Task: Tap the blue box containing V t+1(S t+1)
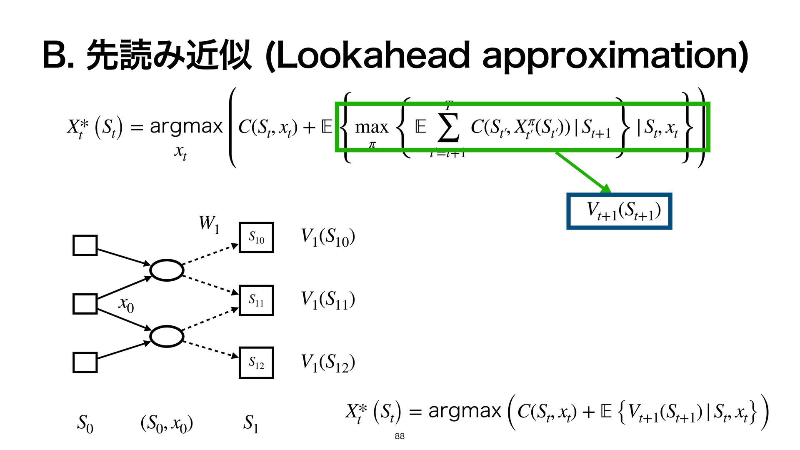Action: pos(619,211)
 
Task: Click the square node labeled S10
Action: pos(256,237)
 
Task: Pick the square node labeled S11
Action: pos(256,300)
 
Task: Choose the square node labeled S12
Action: pos(256,362)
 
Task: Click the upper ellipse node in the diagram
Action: pos(167,270)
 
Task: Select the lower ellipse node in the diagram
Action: pos(167,336)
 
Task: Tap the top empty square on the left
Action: pos(85,245)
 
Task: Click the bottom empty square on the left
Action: pos(85,362)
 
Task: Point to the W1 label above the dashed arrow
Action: pos(209,224)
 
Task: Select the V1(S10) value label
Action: pos(328,237)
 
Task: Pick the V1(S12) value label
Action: pos(328,362)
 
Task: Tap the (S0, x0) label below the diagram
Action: pos(167,424)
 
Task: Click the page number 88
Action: pos(399,436)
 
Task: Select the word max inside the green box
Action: pos(371,127)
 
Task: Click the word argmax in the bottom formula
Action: pos(464,411)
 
